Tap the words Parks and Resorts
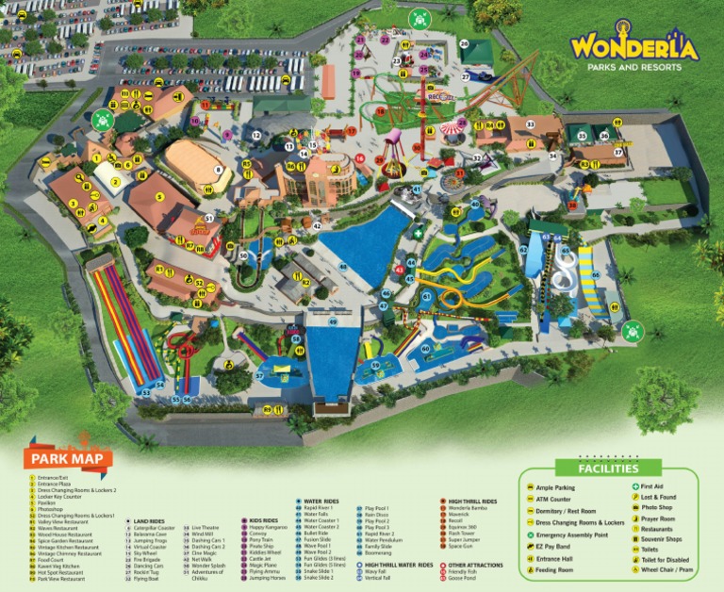click(x=633, y=68)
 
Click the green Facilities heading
click(x=609, y=469)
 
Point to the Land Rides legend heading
click(x=148, y=520)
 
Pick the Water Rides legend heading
click(x=320, y=501)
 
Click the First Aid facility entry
click(x=651, y=487)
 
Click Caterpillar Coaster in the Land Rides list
click(x=153, y=528)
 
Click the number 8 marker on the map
click(x=217, y=170)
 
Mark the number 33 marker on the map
click(x=530, y=123)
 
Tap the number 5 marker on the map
click(x=160, y=196)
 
